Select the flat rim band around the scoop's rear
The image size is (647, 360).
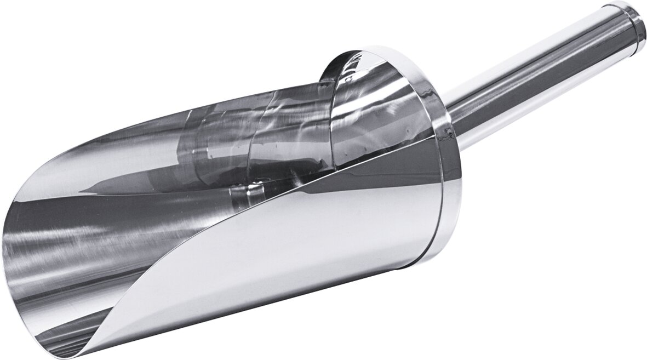point(441,181)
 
